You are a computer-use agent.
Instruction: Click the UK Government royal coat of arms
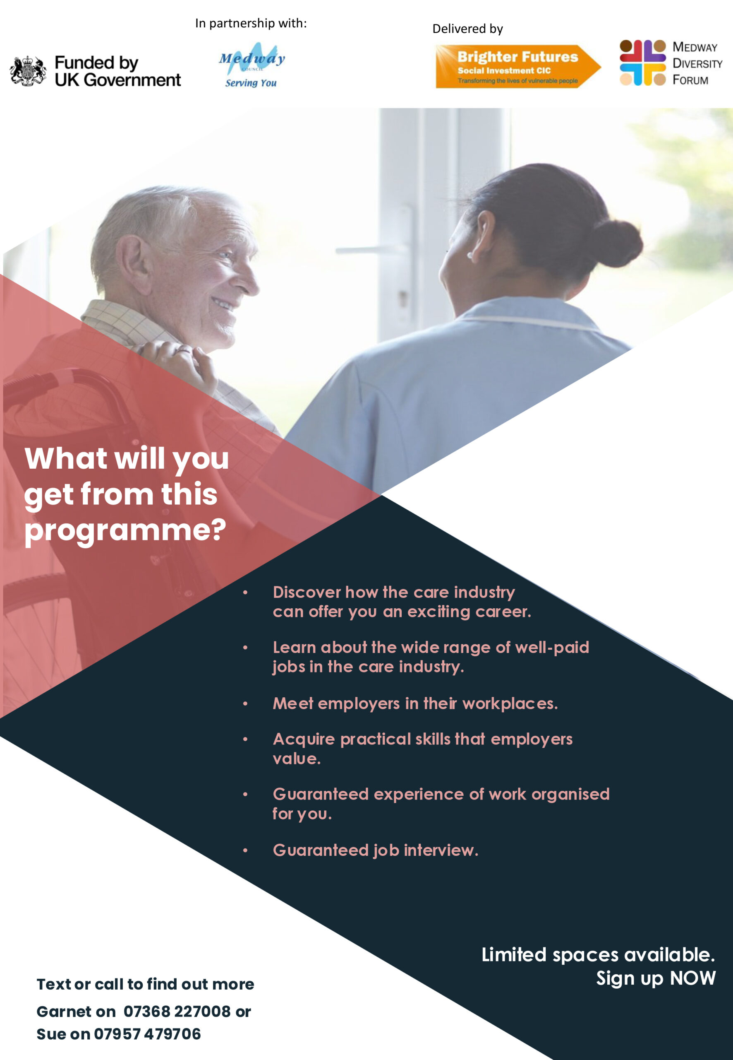[28, 71]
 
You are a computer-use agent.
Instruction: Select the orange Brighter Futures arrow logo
[518, 66]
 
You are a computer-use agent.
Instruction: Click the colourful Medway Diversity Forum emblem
[642, 63]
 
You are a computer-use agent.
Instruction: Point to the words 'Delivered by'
[467, 29]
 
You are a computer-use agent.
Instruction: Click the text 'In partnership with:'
[251, 23]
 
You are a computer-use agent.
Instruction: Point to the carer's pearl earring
[470, 255]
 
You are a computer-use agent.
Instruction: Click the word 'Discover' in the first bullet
[307, 592]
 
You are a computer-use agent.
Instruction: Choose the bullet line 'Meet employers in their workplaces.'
[415, 703]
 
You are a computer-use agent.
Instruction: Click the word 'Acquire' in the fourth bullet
[304, 739]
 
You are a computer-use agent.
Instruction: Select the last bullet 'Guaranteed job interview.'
[375, 850]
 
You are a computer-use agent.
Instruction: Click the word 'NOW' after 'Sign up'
[692, 978]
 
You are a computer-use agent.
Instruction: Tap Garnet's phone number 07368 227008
[177, 1011]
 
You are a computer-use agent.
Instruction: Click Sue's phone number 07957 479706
[147, 1034]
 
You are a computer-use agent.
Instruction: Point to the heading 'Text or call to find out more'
[145, 984]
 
